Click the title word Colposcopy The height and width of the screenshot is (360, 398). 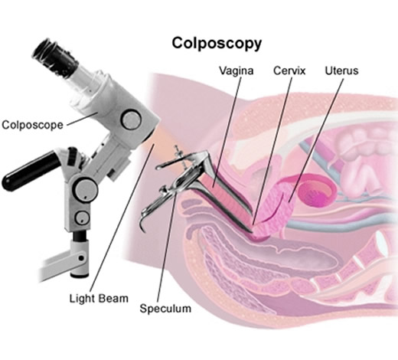tap(217, 44)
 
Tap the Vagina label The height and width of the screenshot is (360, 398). tap(237, 70)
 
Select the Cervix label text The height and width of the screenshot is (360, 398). tap(289, 70)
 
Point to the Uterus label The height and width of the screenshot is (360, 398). tap(341, 70)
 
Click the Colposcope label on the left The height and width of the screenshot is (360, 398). tap(32, 125)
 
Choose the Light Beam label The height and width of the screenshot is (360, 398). tap(99, 298)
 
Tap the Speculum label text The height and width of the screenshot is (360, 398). tap(165, 309)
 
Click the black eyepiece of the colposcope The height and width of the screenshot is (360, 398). tap(55, 58)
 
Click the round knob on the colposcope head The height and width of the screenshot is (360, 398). tap(131, 119)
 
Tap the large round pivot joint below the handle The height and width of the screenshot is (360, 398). tap(86, 190)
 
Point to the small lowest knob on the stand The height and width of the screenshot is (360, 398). tap(82, 218)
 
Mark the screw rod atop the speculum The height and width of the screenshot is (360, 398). tap(181, 156)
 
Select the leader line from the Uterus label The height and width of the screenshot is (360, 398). tap(316, 140)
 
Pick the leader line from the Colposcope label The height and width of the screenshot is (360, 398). tap(82, 119)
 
